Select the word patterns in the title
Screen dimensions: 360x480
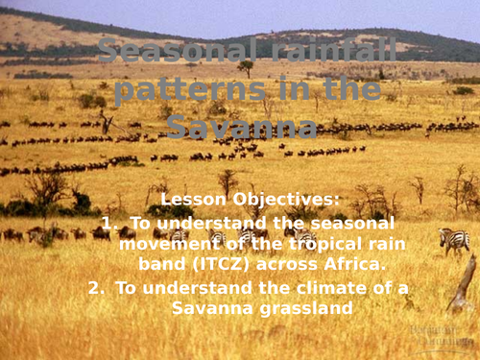pos(171,92)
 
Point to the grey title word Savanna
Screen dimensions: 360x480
pos(241,127)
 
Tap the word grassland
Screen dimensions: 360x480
pos(302,307)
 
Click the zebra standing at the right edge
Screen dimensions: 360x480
pos(453,239)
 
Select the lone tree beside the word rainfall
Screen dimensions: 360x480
pos(247,68)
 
